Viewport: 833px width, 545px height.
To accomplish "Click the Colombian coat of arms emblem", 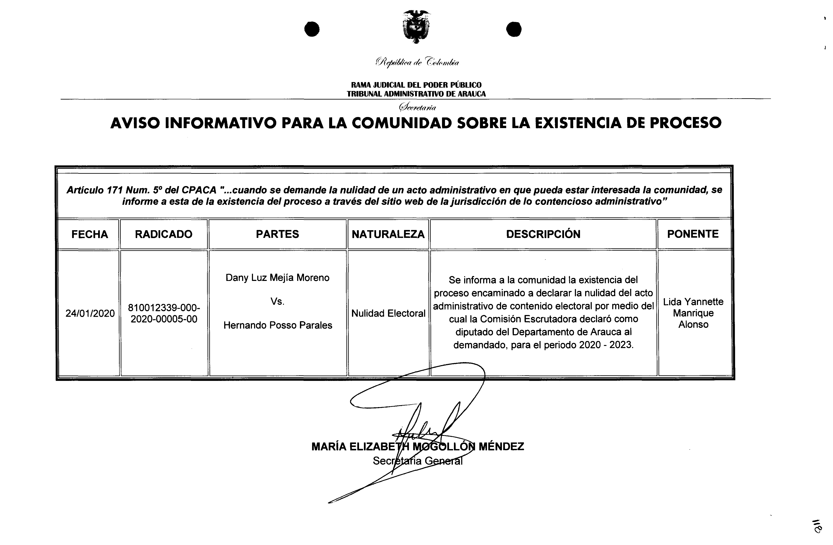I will coord(416,27).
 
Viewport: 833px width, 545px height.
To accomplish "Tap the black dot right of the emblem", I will coord(514,29).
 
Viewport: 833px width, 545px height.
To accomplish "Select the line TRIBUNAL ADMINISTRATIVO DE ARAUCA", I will coord(416,94).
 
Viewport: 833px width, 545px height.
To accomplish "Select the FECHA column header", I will coord(90,234).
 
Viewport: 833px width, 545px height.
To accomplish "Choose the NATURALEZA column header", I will coord(388,234).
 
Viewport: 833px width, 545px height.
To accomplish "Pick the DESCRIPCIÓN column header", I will coord(543,234).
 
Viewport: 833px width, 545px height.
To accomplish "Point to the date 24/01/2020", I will coord(90,314).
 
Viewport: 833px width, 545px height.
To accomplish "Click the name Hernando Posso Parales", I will coord(278,325).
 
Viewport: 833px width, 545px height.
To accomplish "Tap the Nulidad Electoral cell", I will coord(388,314).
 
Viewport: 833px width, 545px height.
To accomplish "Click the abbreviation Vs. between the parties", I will coord(277,302).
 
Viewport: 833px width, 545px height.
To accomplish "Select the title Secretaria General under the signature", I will coord(417,461).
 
